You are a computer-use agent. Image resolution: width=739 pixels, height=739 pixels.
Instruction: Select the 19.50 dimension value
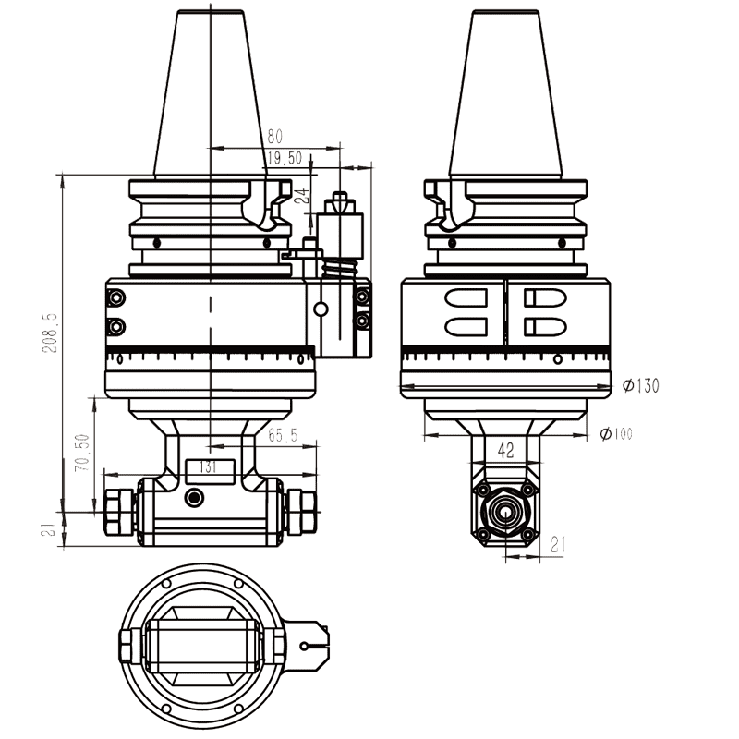pyautogui.click(x=284, y=159)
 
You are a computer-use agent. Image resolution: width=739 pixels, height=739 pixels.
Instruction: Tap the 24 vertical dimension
pyautogui.click(x=301, y=195)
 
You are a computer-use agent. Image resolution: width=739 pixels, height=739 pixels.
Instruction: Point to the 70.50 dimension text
pyautogui.click(x=82, y=453)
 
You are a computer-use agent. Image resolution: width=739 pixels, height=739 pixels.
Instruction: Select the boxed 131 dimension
pyautogui.click(x=209, y=467)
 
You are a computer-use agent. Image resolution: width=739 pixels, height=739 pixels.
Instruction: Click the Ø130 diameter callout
pyautogui.click(x=640, y=385)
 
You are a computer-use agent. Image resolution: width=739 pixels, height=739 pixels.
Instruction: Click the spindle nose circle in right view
pyautogui.click(x=504, y=511)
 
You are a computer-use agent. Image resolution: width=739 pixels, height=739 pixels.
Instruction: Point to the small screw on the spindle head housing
pyautogui.click(x=193, y=498)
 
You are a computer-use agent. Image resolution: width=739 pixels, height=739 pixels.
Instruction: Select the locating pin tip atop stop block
pyautogui.click(x=339, y=199)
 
